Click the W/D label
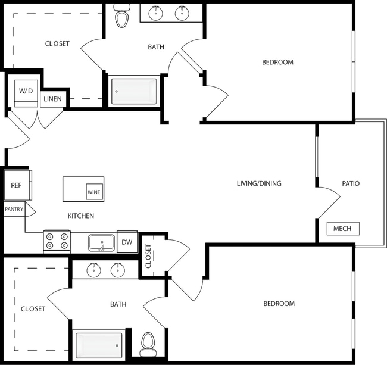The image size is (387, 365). (26, 91)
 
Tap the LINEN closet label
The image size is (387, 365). (52, 99)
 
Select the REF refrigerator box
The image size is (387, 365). (16, 185)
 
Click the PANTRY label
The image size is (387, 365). (14, 210)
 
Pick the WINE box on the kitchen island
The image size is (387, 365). (94, 192)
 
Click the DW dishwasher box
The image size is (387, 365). (127, 242)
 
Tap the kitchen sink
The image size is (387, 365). (102, 242)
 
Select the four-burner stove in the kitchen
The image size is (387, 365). (57, 241)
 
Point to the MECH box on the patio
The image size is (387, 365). (342, 229)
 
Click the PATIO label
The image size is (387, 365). (351, 183)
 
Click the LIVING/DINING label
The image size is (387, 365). (259, 183)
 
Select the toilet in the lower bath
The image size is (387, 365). (148, 343)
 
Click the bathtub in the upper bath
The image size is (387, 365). (134, 91)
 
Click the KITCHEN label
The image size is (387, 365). (80, 216)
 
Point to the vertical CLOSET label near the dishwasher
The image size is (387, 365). (148, 256)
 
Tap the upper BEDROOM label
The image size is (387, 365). (277, 62)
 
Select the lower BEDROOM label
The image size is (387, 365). (279, 304)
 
